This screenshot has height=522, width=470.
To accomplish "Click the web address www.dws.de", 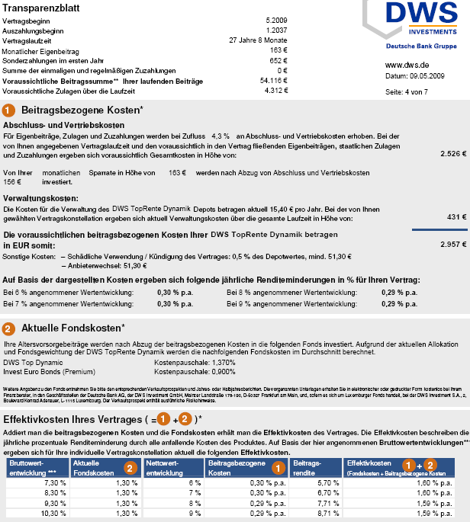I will click(406, 65).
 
